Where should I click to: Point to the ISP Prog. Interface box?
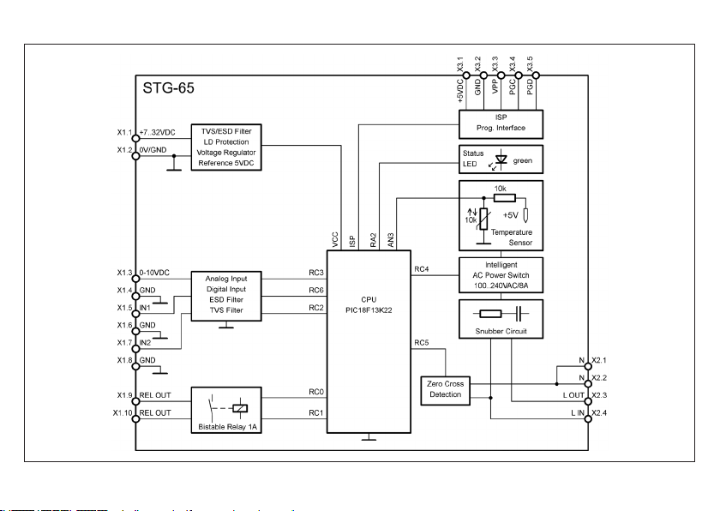click(x=501, y=123)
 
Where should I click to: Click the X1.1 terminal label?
click(x=125, y=133)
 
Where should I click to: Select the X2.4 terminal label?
click(x=599, y=413)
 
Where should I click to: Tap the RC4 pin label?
click(x=421, y=269)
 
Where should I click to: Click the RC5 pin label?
click(x=421, y=343)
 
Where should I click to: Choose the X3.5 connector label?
click(x=531, y=66)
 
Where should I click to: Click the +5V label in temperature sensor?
click(x=513, y=215)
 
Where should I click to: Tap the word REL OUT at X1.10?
click(x=156, y=412)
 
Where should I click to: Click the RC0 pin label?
click(x=315, y=393)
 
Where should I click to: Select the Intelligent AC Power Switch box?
click(x=501, y=275)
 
